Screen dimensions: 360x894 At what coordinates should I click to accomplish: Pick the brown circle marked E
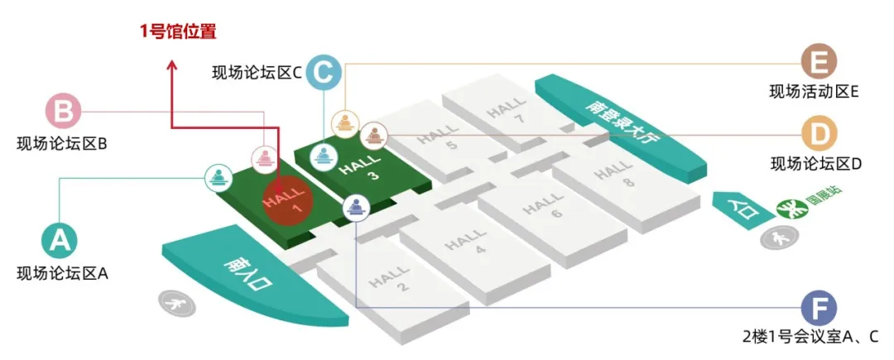point(819,62)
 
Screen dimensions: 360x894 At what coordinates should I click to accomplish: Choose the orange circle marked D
point(819,132)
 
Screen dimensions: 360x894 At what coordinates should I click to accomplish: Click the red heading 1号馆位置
point(178,33)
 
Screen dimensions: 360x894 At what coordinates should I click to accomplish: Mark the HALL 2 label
point(393,278)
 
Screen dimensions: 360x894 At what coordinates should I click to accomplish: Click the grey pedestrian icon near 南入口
point(177,303)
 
